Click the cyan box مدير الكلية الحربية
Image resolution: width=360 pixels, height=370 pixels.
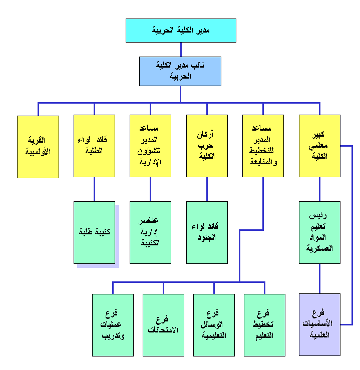tap(180, 31)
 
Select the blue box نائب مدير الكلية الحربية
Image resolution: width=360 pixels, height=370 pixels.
tap(180, 71)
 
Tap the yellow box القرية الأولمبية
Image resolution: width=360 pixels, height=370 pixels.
tap(38, 147)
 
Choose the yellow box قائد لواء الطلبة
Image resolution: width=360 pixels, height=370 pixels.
tap(94, 146)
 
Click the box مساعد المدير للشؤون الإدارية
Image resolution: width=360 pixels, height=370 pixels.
tap(150, 146)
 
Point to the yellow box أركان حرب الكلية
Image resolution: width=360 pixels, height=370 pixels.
tap(207, 146)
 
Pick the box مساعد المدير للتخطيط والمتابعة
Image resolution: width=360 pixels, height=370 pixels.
tap(263, 146)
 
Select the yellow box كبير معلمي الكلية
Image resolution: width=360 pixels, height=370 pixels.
tap(319, 146)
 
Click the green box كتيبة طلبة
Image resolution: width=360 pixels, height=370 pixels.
tap(94, 232)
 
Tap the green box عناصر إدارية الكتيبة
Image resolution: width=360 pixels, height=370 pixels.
tap(150, 232)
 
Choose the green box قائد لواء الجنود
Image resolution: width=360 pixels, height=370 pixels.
tap(207, 232)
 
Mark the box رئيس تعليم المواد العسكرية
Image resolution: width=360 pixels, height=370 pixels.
tap(319, 232)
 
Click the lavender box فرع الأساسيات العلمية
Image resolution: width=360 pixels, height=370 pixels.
tap(319, 324)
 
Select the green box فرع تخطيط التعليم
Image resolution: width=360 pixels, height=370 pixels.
tap(264, 324)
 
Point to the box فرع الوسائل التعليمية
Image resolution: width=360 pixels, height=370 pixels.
tap(214, 324)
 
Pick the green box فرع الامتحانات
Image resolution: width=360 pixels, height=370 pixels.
tap(163, 324)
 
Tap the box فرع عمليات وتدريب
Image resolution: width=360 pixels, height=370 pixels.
tap(113, 324)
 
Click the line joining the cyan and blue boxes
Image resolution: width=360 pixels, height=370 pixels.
tap(180, 50)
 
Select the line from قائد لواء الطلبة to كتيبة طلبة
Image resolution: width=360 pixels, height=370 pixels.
tap(94, 189)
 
